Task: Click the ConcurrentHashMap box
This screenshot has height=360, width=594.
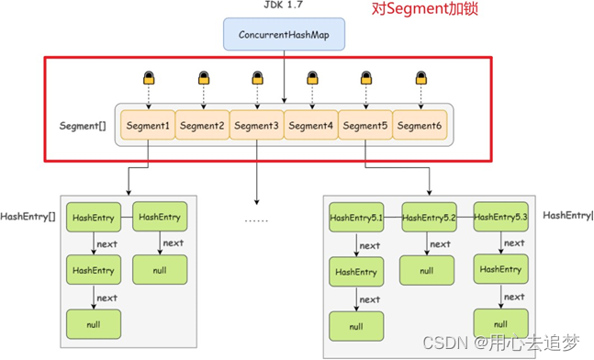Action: [284, 36]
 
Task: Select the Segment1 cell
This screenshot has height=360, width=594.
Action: [147, 126]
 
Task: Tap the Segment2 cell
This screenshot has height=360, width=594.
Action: [202, 126]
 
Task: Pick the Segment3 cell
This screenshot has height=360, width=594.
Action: [256, 126]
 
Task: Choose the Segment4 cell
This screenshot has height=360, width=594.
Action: [311, 126]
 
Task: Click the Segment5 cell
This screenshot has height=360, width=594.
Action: [365, 126]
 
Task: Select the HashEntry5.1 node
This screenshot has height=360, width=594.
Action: [356, 218]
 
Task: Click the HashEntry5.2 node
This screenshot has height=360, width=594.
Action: [428, 218]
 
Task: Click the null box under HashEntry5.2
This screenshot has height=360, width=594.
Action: [427, 271]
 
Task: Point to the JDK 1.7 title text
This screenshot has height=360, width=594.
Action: [284, 6]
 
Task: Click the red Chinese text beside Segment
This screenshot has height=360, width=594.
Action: [422, 11]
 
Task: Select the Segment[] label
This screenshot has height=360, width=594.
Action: [82, 125]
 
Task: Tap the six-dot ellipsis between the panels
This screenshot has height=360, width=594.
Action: [256, 220]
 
